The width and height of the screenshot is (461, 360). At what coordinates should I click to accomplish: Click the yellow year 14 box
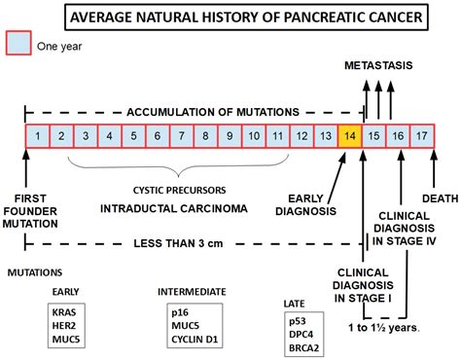[x=349, y=136]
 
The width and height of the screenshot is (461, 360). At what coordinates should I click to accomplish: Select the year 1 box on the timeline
[x=36, y=136]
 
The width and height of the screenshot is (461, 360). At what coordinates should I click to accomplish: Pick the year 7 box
[x=181, y=136]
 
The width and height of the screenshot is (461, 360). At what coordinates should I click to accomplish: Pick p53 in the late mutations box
[x=296, y=319]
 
